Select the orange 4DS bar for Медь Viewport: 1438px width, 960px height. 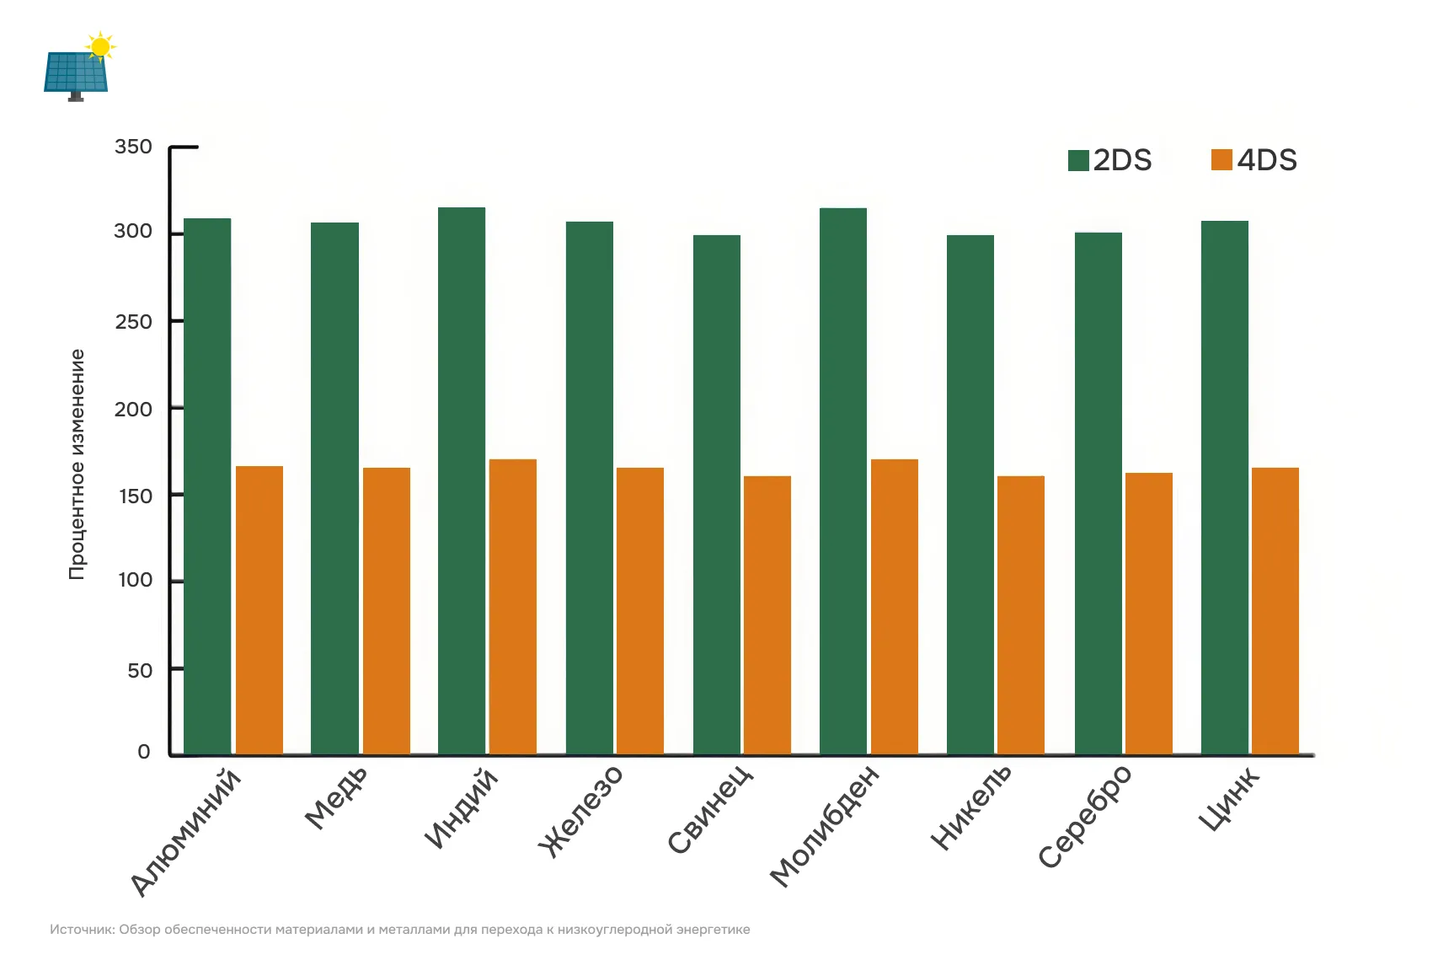(x=387, y=610)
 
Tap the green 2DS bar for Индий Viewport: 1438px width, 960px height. (x=462, y=480)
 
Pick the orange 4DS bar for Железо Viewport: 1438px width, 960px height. (x=640, y=610)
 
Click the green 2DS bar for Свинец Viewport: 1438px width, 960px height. (x=717, y=494)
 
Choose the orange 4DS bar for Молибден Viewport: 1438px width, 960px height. (x=895, y=606)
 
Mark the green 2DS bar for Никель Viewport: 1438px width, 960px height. (x=970, y=494)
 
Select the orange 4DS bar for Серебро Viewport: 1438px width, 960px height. (x=1149, y=613)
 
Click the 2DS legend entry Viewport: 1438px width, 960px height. (x=1110, y=160)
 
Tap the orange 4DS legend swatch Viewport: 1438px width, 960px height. (x=1221, y=159)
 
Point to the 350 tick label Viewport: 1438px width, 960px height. (x=133, y=147)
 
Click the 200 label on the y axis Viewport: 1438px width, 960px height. (x=133, y=410)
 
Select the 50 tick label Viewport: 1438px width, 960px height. (x=140, y=671)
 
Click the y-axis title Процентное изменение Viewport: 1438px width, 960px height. (x=77, y=464)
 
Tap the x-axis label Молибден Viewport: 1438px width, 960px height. (x=825, y=826)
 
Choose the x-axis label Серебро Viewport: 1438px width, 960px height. (x=1086, y=816)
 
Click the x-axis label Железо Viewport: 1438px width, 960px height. (x=582, y=811)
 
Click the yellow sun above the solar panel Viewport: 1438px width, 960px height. (x=100, y=47)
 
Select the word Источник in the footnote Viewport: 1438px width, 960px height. (x=81, y=930)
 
